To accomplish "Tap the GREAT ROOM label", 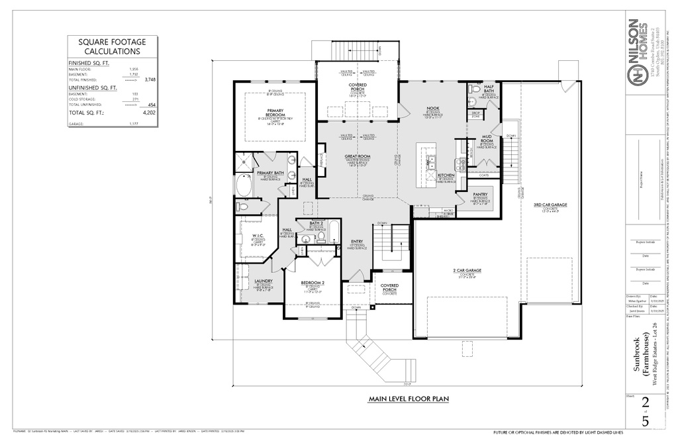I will (x=357, y=156).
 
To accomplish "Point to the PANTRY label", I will (x=480, y=194).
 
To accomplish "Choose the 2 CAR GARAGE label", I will (x=467, y=270).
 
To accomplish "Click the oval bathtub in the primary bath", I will (x=244, y=186).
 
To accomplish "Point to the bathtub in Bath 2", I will (x=333, y=233).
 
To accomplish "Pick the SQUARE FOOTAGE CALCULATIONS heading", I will (x=113, y=46).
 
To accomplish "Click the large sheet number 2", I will (x=646, y=404).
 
